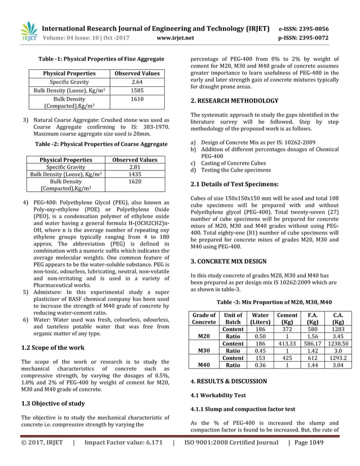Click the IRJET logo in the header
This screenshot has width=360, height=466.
tap(28, 32)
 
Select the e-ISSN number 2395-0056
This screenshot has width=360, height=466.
tap(310, 29)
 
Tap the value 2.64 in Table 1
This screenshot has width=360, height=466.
tap(137, 82)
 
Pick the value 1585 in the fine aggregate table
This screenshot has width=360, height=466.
tap(137, 90)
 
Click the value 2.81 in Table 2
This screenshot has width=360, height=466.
tap(134, 168)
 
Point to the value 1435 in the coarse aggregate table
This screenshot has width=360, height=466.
tap(134, 175)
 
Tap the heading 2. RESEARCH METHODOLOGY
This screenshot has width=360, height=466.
tap(234, 101)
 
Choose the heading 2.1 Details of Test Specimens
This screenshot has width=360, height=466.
tap(234, 184)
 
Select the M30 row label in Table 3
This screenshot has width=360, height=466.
tap(204, 350)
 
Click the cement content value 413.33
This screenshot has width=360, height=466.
tap(287, 343)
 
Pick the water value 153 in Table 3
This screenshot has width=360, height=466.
tap(261, 357)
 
